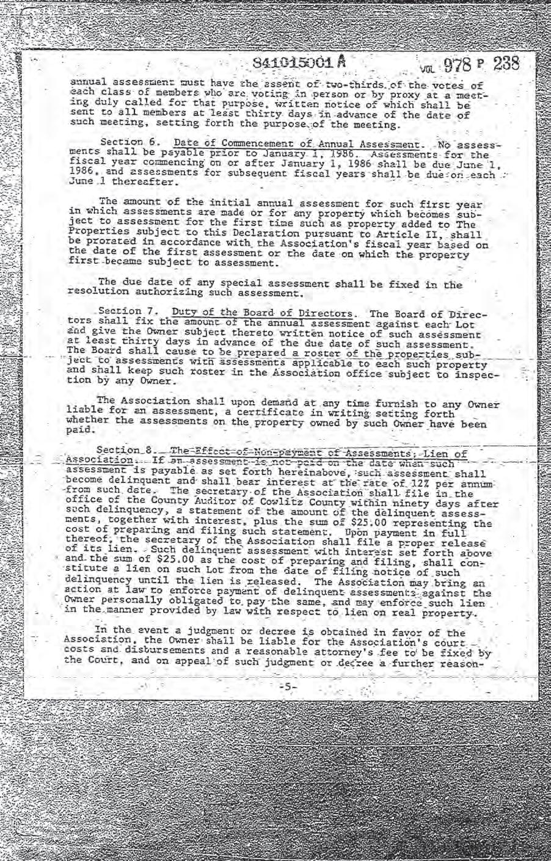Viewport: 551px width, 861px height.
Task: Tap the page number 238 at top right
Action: pyautogui.click(x=506, y=64)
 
